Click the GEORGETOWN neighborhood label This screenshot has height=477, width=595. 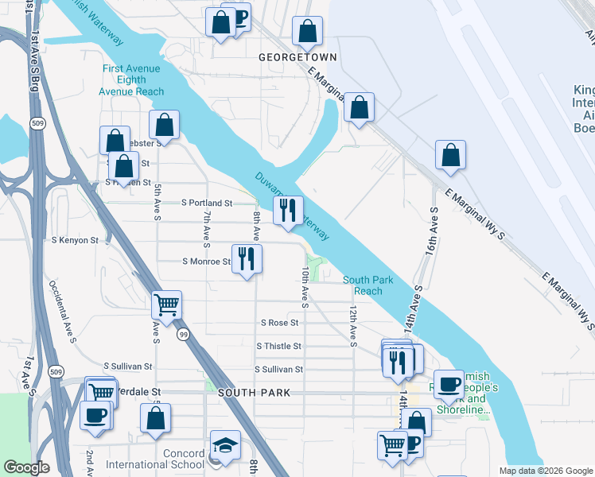coord(298,58)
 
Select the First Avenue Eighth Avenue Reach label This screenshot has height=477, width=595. coord(132,79)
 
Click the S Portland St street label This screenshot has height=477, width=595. coord(207,204)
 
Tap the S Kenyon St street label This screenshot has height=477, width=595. coord(75,239)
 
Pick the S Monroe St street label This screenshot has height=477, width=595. coord(206,261)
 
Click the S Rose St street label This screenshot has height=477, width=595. coord(279,323)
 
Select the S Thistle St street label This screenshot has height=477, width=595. coord(278,347)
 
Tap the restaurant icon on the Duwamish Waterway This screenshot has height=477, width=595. coord(288,210)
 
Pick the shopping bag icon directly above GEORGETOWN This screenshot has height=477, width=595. coord(307,31)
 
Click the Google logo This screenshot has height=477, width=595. coord(27,467)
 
